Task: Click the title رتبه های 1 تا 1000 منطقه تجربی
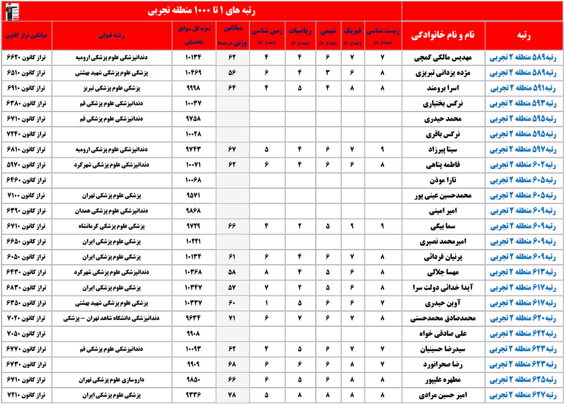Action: [x=201, y=11]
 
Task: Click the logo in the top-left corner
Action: [x=11, y=10]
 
